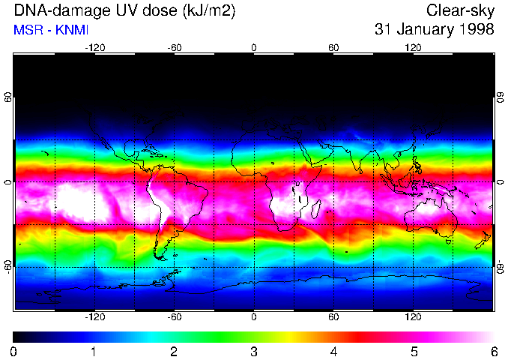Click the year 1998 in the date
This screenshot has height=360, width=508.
coord(476,30)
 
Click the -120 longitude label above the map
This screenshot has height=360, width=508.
coord(94,47)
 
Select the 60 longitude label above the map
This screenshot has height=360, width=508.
coord(333,47)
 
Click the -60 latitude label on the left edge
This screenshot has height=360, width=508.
coord(7,266)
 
